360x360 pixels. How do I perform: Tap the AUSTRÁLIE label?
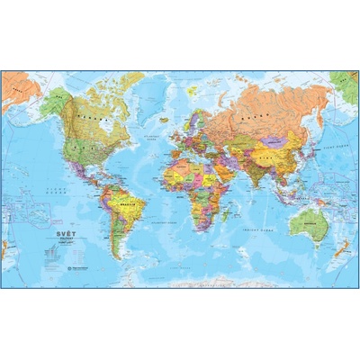pos(308,219)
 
